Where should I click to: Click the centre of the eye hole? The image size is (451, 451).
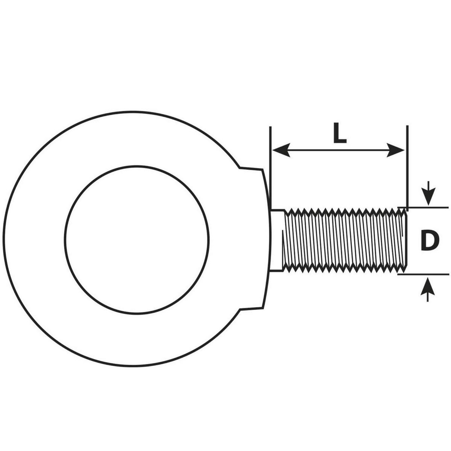[x=137, y=239]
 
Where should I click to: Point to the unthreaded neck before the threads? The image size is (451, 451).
[x=277, y=239]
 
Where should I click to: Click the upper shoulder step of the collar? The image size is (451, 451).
[x=251, y=169]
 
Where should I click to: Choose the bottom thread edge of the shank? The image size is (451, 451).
[x=344, y=270]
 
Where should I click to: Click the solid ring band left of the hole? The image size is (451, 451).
[x=36, y=239]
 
